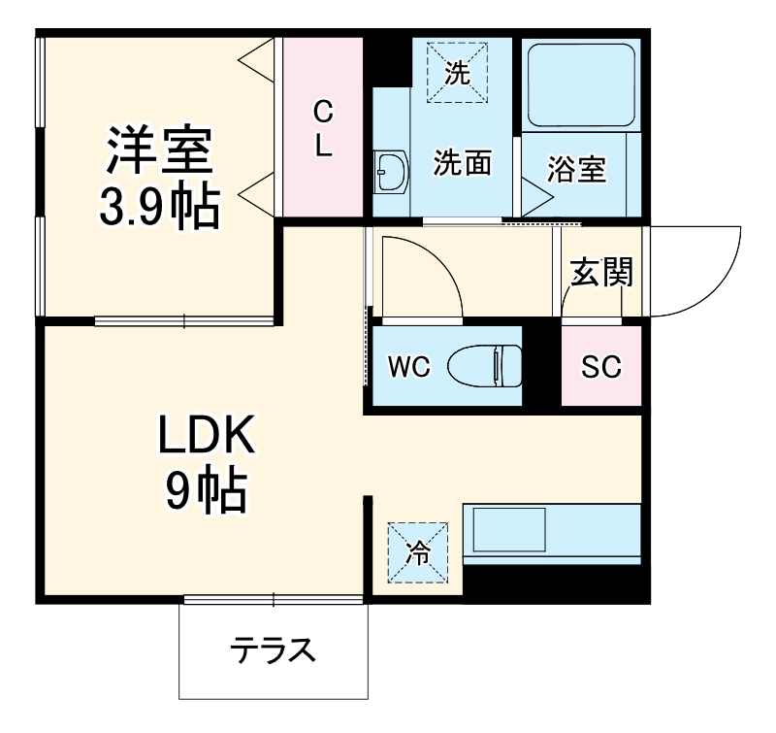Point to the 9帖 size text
pyautogui.click(x=206, y=492)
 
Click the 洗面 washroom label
pyautogui.click(x=461, y=163)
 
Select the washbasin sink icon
pyautogui.click(x=392, y=174)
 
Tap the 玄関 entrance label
pyautogui.click(x=601, y=274)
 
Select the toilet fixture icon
pyautogui.click(x=486, y=366)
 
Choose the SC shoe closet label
pyautogui.click(x=601, y=367)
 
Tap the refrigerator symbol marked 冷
pyautogui.click(x=419, y=553)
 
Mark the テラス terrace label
pyautogui.click(x=274, y=650)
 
